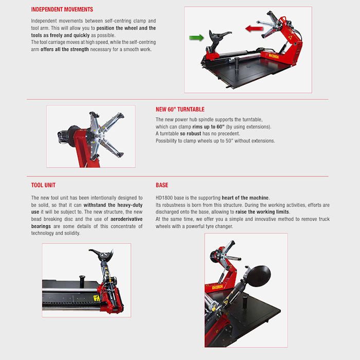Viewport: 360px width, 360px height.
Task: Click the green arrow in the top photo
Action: coord(196,38)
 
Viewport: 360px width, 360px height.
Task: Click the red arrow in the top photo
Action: coord(254,29)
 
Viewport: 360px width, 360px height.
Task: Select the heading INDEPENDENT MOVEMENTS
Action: coord(62,9)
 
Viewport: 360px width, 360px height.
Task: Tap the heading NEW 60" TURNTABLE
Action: coord(180,109)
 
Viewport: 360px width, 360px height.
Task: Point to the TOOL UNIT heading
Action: coord(43,185)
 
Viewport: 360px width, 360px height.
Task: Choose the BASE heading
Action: coord(162,185)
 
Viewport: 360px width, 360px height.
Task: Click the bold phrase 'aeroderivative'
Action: coord(127,219)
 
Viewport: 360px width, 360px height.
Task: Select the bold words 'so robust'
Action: coord(191,134)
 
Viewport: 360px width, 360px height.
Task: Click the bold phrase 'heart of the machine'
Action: coord(245,197)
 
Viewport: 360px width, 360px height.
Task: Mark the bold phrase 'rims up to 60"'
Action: coord(208,127)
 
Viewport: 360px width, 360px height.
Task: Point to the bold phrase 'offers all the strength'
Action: coord(64,49)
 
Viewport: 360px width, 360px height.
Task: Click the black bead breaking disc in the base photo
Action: coord(259,276)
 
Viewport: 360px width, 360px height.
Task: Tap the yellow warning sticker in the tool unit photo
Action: coord(97,298)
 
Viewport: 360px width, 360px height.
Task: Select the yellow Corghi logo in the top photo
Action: coord(274,56)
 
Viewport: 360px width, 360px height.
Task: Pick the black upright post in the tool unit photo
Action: coord(82,281)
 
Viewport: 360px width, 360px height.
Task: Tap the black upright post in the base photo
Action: coord(245,302)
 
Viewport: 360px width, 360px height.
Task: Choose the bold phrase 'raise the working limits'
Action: coord(263,212)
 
